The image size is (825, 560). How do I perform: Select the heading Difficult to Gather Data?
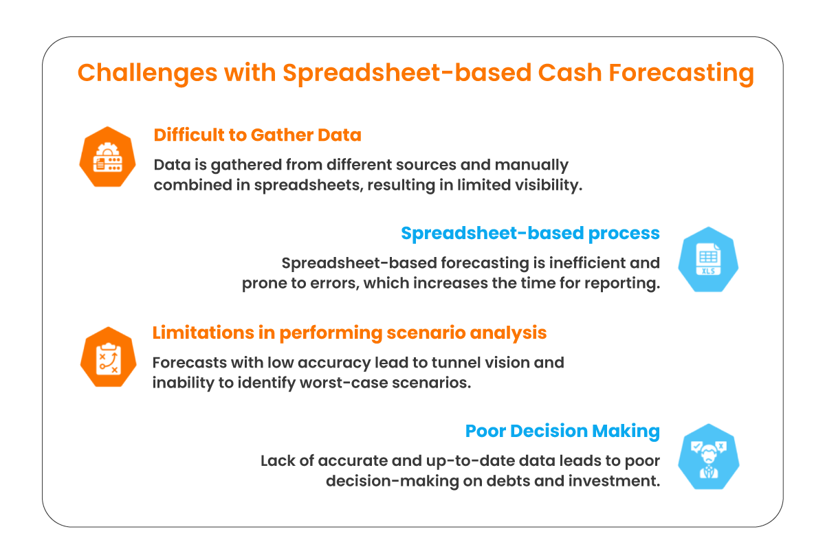[x=257, y=135]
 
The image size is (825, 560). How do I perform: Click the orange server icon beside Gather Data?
[x=107, y=157]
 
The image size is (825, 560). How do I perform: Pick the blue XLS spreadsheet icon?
[x=707, y=259]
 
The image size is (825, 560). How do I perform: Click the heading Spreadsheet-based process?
[x=530, y=234]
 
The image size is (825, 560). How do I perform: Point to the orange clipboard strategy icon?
[x=107, y=356]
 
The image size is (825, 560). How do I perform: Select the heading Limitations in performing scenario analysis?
[x=349, y=333]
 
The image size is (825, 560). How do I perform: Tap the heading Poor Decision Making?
[x=562, y=432]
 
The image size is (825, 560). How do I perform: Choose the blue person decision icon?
[x=707, y=455]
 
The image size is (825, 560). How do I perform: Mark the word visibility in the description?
[x=548, y=186]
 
